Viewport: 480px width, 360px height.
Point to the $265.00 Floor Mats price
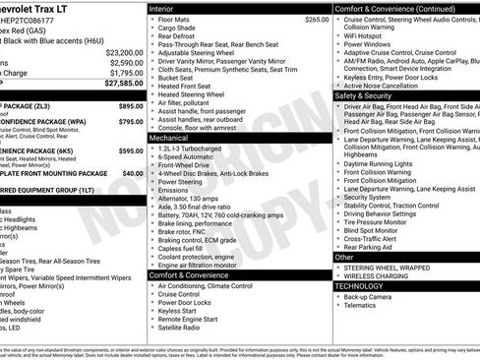(317, 19)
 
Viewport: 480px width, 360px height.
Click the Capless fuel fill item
(187, 248)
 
